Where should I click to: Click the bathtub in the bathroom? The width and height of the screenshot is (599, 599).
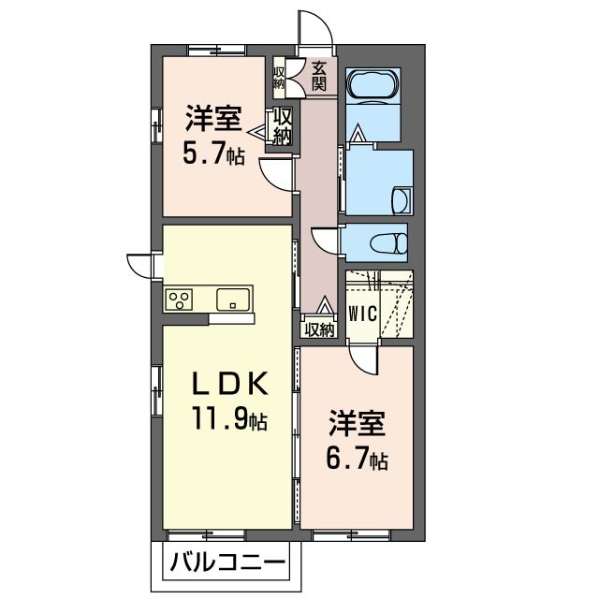373,86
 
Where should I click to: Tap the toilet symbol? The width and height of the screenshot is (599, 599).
388,243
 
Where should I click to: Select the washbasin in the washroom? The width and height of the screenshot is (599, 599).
402,200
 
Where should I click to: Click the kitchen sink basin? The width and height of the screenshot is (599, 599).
233,299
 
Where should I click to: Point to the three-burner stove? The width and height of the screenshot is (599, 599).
179,299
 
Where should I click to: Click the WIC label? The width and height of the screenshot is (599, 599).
362,314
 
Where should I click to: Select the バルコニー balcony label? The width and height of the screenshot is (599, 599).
227,562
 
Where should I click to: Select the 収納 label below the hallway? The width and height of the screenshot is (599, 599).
319,329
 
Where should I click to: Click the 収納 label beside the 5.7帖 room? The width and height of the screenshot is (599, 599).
283,125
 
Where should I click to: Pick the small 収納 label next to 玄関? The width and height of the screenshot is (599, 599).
278,78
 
